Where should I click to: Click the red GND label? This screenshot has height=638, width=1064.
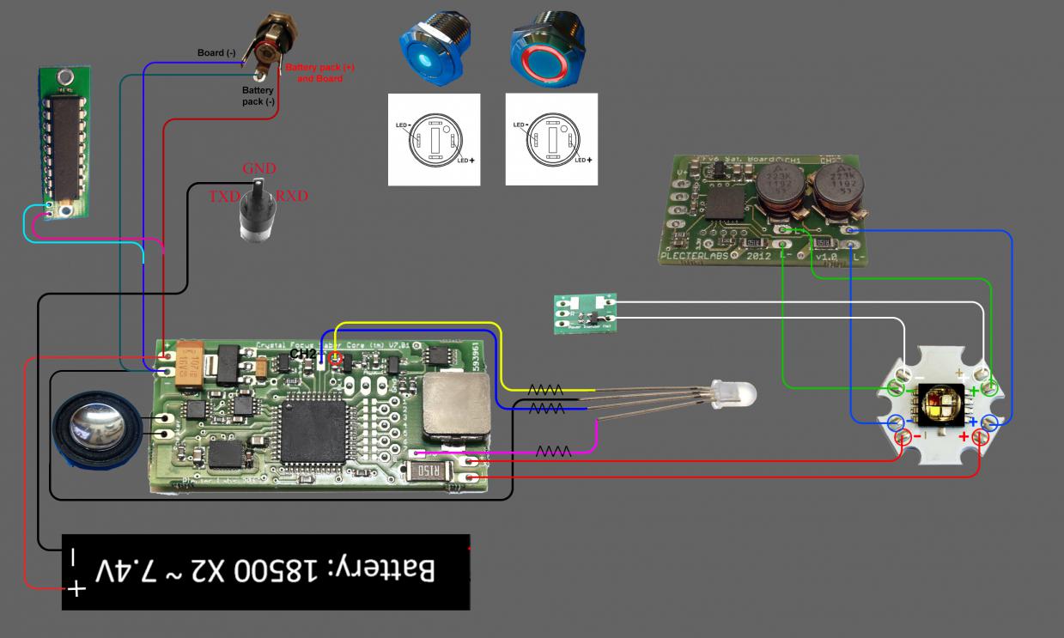[259, 168]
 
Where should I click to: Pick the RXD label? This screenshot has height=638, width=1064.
[292, 197]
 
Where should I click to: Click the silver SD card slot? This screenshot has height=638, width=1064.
[456, 405]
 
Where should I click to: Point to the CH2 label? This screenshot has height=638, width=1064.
[302, 353]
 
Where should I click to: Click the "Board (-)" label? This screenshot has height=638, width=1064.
[216, 53]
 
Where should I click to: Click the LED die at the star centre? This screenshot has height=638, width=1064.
[940, 403]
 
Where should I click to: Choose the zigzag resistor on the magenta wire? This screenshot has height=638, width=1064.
[554, 450]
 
